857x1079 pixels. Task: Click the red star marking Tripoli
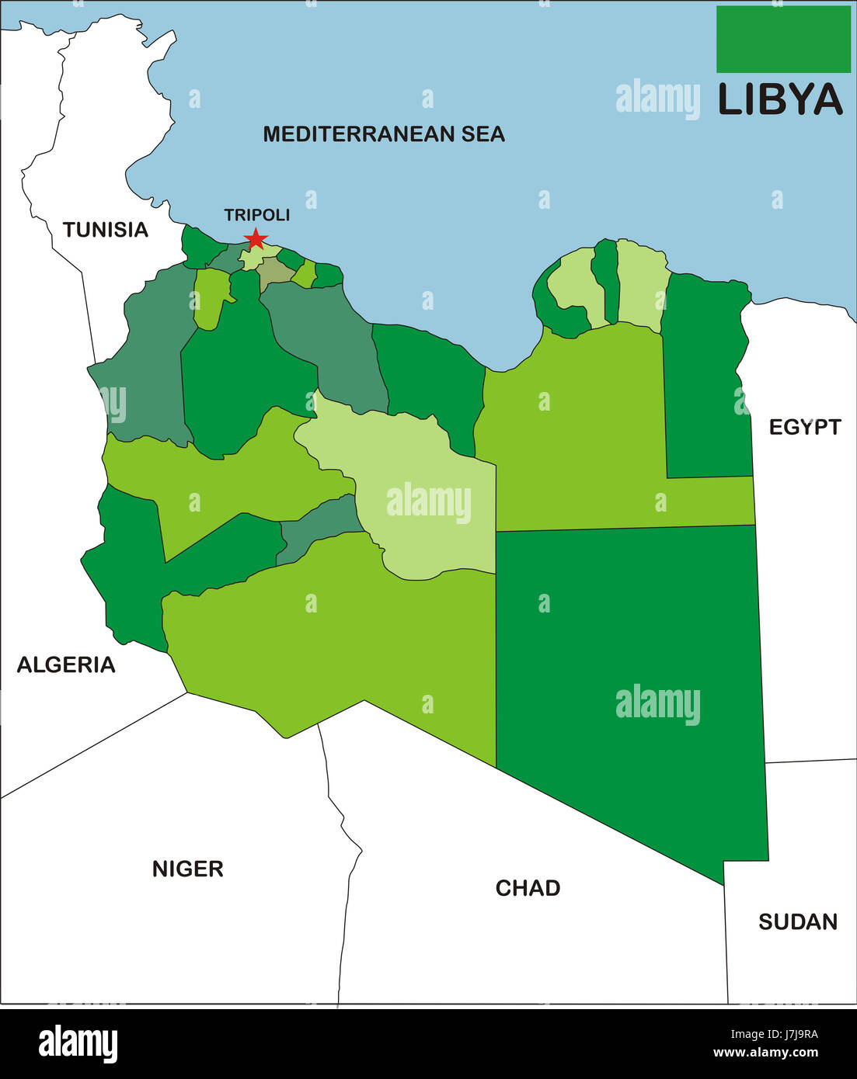pos(256,239)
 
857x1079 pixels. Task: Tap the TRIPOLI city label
pos(256,215)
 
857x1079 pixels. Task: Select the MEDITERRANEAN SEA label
pos(384,134)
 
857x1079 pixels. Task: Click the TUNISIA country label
pos(106,230)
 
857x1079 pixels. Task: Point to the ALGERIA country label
pos(66,664)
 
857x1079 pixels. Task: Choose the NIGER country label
pos(188,869)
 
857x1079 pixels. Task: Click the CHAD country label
pos(528,888)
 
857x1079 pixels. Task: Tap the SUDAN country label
pos(798,922)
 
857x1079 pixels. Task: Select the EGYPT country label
pos(805,427)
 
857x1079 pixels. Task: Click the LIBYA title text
pos(780,100)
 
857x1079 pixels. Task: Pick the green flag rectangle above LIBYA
pos(783,39)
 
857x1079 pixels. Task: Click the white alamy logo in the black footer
pos(78,1043)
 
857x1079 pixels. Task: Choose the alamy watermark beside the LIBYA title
pos(657,99)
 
